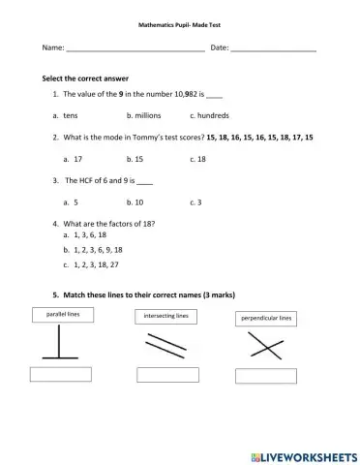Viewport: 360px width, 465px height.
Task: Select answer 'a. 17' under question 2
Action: (75, 157)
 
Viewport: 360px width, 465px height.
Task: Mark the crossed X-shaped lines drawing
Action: (265, 345)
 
